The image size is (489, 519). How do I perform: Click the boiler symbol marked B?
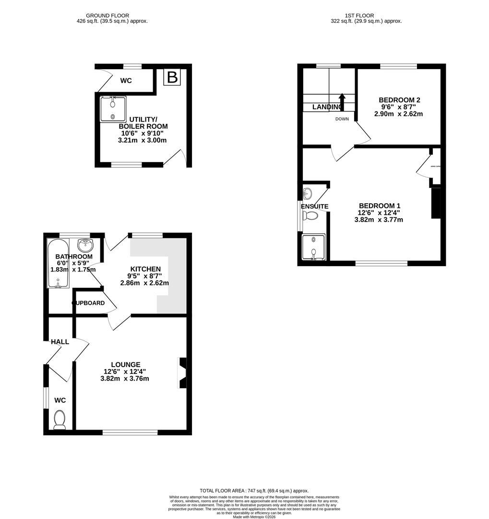tap(172, 77)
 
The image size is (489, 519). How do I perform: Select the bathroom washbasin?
tap(85, 245)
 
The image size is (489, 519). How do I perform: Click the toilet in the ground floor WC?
tap(60, 419)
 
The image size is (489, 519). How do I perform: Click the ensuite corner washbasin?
tap(308, 194)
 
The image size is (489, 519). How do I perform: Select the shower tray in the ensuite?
tap(313, 247)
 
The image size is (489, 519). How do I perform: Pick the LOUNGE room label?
tap(126, 364)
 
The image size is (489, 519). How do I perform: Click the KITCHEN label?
tap(145, 269)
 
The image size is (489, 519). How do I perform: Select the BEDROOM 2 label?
tap(396, 100)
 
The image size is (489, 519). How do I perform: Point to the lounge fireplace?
tap(182, 372)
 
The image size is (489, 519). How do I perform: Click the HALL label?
tap(60, 342)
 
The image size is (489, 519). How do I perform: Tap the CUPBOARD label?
tap(89, 303)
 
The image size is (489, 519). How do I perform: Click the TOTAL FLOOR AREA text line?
tap(254, 491)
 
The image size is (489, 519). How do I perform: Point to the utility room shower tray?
tap(113, 109)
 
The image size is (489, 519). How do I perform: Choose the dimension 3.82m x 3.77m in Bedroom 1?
tap(378, 220)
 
